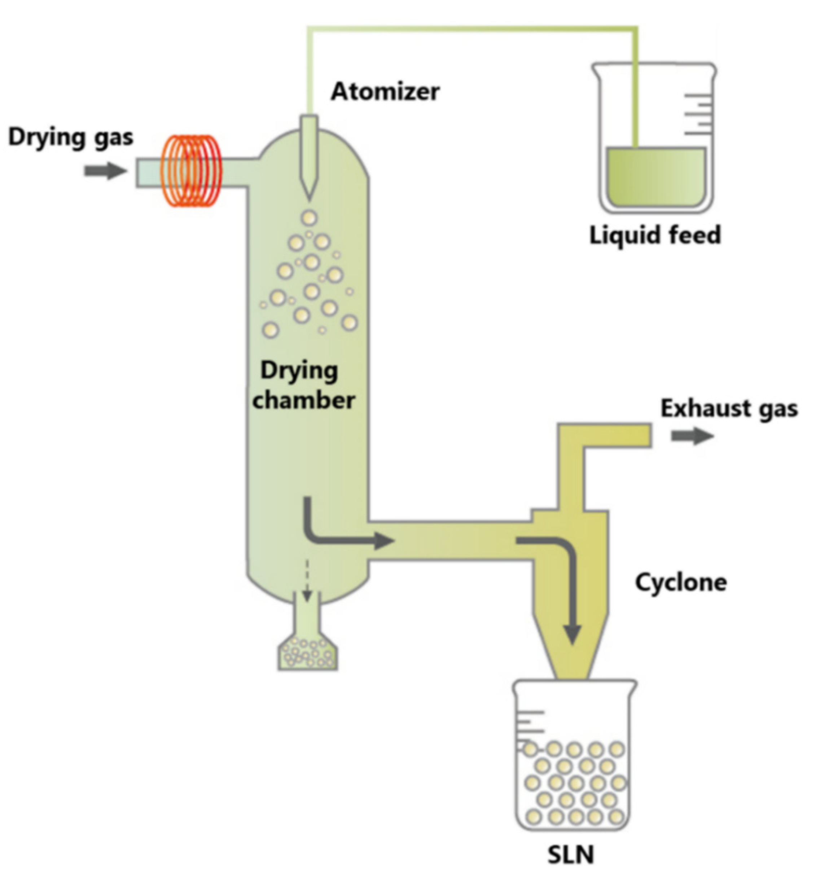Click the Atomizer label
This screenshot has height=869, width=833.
pyautogui.click(x=385, y=92)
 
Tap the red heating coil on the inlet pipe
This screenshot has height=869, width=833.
pyautogui.click(x=192, y=171)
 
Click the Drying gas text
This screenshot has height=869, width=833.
pyautogui.click(x=70, y=137)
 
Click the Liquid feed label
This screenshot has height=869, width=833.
pyautogui.click(x=655, y=235)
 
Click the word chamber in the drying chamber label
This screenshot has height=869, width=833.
pyautogui.click(x=304, y=400)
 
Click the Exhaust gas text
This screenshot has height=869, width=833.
pyautogui.click(x=729, y=408)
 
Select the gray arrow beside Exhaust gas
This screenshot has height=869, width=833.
pyautogui.click(x=692, y=436)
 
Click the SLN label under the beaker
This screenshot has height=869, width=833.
pyautogui.click(x=571, y=853)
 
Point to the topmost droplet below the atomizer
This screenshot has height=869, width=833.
pyautogui.click(x=309, y=218)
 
